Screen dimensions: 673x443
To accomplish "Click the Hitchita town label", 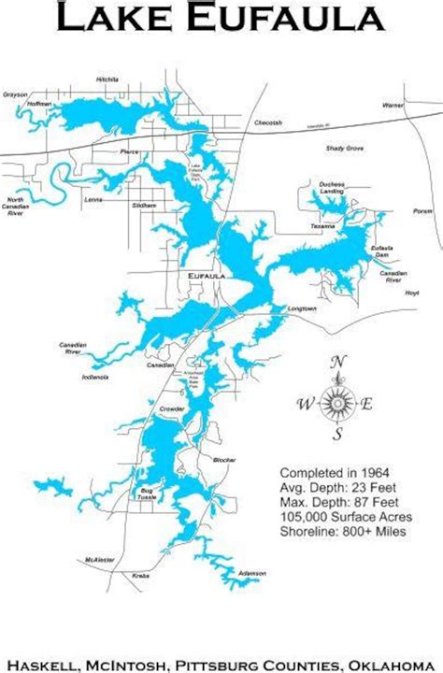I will coord(108,80).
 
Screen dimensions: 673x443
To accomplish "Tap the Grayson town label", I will coord(15,94).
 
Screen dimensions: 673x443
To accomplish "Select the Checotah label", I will coord(268,122).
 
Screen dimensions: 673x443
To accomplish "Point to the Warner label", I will coord(393,106).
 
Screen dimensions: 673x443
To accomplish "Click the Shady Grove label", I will coord(345,149).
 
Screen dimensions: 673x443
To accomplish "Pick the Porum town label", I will coord(422,211).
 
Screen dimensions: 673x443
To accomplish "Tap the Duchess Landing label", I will coord(333,186).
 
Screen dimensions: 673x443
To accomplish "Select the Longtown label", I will coord(303,308).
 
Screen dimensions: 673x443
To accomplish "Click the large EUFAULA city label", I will coord(206,277).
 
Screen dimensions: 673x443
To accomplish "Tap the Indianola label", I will coord(95,377).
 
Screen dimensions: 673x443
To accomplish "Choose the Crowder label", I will coord(172,409).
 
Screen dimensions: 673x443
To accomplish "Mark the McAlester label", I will coord(98,559).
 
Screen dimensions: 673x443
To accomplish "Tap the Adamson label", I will coord(252,572).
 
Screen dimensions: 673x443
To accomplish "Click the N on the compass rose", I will coord(339,363).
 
